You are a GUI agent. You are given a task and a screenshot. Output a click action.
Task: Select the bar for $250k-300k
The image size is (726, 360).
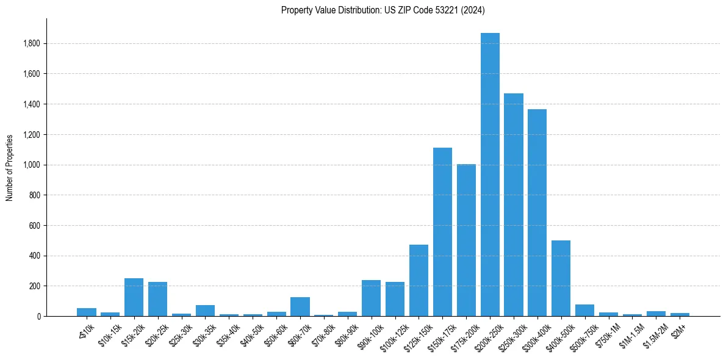coord(514,205)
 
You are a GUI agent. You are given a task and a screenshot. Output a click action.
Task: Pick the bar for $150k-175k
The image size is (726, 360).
coord(442,232)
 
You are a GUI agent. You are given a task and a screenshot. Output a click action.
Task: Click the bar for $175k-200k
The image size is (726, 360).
coord(466,240)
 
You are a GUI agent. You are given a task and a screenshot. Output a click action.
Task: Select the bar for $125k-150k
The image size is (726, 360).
coord(419,281)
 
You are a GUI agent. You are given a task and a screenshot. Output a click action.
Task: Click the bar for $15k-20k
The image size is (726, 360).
coord(134,297)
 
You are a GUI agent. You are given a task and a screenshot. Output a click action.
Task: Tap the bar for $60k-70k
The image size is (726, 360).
coord(300,307)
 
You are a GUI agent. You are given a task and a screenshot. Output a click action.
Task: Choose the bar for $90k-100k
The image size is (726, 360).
coord(371,298)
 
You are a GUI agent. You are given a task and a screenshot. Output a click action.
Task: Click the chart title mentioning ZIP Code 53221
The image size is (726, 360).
coord(383,10)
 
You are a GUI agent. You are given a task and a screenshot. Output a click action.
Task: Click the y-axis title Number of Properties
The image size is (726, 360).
coord(10,168)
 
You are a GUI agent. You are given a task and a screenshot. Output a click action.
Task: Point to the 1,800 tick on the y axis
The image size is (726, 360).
coord(32,44)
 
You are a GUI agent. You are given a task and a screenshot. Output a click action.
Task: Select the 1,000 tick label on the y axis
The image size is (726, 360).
coord(32,165)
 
